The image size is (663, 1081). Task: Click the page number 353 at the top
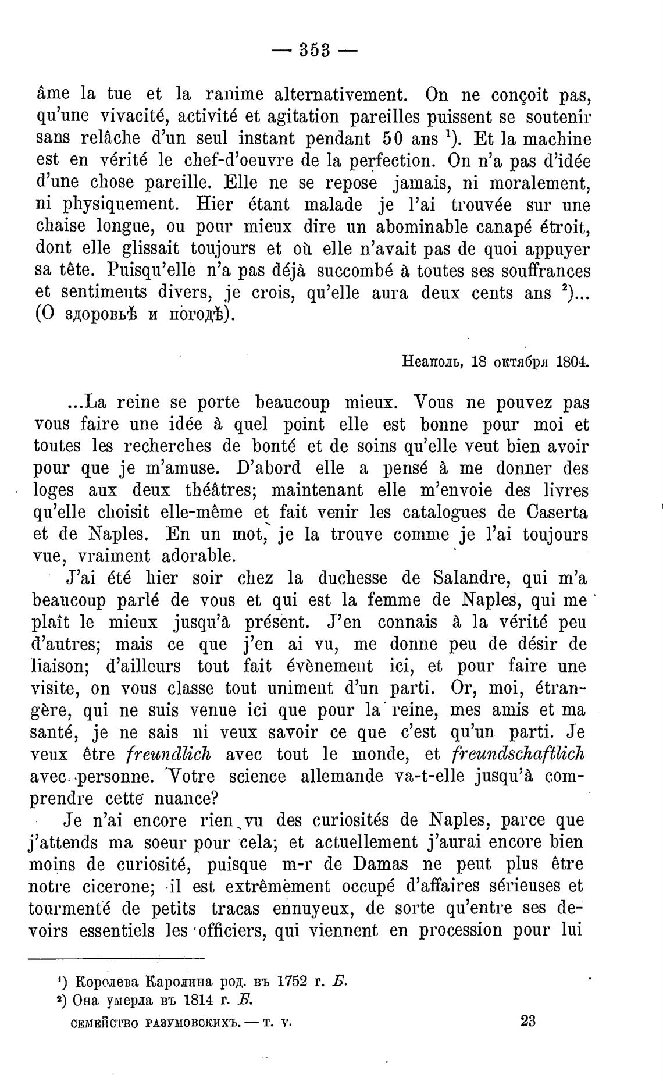point(315,51)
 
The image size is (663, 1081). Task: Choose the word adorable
point(198,556)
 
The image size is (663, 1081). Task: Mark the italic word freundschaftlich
point(518,754)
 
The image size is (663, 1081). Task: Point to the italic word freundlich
point(168,754)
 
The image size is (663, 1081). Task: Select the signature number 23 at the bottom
point(528,1021)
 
